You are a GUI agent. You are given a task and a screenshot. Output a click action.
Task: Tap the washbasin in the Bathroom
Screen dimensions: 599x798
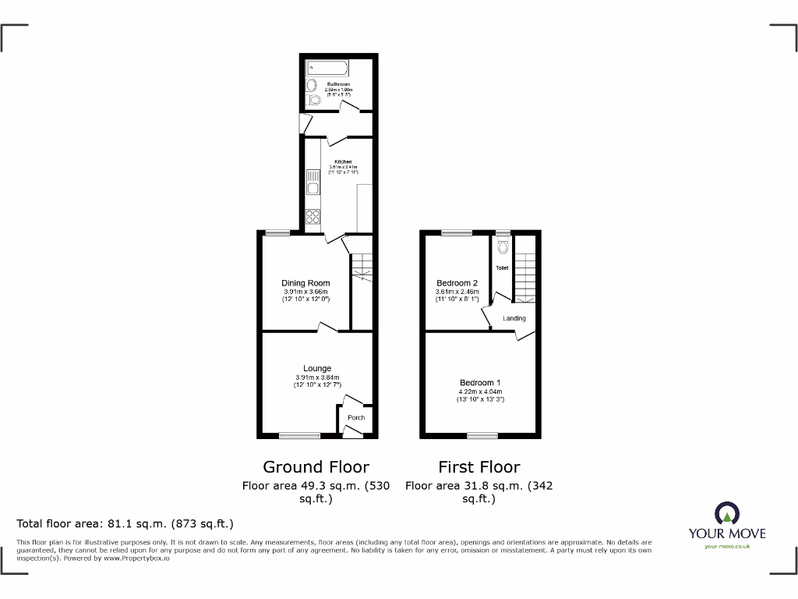[x=311, y=85]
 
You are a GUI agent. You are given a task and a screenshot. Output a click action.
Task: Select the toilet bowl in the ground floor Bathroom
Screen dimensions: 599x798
[x=314, y=101]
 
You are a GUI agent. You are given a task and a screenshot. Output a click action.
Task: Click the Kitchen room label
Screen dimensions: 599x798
[x=343, y=162]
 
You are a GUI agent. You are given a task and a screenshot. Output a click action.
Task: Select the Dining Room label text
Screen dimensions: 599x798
[x=305, y=283]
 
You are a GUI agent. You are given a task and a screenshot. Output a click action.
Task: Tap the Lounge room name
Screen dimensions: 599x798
[x=317, y=368]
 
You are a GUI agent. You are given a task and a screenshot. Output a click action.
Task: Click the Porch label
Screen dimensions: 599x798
[x=356, y=418]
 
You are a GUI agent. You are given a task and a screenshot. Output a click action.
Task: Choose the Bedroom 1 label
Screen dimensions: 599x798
[x=479, y=382]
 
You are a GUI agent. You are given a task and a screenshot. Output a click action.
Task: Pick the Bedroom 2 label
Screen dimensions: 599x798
[x=457, y=283]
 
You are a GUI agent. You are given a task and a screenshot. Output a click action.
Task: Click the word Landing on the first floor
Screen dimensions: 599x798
[x=514, y=318]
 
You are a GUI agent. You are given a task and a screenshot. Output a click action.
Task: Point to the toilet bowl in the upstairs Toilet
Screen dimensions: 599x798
[x=503, y=248]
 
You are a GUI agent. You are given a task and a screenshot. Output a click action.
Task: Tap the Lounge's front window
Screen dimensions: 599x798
[x=300, y=435]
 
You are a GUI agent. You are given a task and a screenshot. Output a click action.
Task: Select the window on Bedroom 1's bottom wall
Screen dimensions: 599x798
[x=482, y=435]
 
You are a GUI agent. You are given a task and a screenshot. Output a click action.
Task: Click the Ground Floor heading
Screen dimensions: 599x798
[x=316, y=467]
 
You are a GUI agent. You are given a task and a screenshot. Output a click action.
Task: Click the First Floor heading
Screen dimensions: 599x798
[x=478, y=467]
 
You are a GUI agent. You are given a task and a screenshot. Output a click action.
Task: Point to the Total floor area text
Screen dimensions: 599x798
[x=125, y=524]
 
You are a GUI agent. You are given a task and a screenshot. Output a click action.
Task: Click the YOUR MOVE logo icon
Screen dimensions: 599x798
[x=726, y=513]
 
